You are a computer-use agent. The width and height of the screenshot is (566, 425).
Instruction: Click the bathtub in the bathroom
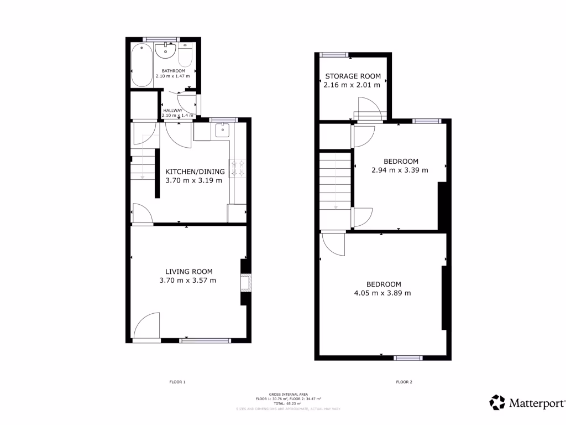point(141,65)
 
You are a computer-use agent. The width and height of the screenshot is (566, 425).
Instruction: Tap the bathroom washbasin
point(165,52)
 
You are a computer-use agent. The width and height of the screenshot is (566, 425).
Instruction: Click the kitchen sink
point(222,131)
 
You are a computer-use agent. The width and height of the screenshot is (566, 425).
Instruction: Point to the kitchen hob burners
point(239,168)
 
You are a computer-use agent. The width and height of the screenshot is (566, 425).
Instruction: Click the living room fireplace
point(245,282)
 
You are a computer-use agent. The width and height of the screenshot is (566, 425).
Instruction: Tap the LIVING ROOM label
point(189,272)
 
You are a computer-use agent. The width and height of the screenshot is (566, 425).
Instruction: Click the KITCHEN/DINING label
point(195,172)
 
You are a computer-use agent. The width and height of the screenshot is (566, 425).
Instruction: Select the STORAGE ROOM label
point(353,76)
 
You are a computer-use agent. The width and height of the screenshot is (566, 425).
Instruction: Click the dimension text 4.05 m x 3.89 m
point(382,293)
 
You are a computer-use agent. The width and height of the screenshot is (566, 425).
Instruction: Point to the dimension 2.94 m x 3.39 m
point(400,170)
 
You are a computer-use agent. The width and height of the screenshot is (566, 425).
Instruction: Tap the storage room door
point(369,108)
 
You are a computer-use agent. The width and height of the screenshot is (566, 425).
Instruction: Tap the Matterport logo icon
point(497,402)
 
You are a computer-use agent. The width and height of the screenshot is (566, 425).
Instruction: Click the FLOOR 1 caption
point(177,382)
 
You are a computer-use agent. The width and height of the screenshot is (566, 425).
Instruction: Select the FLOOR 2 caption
point(404,382)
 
